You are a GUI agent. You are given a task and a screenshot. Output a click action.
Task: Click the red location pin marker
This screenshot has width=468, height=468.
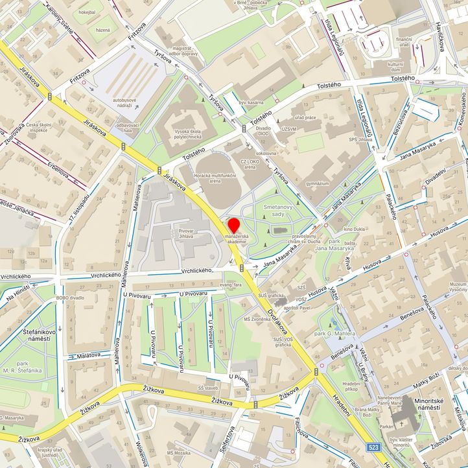(234, 226)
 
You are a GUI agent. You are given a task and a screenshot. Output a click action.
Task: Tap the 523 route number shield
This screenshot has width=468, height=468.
(373, 447)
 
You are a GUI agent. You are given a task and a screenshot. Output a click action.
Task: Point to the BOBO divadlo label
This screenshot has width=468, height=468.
(71, 298)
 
